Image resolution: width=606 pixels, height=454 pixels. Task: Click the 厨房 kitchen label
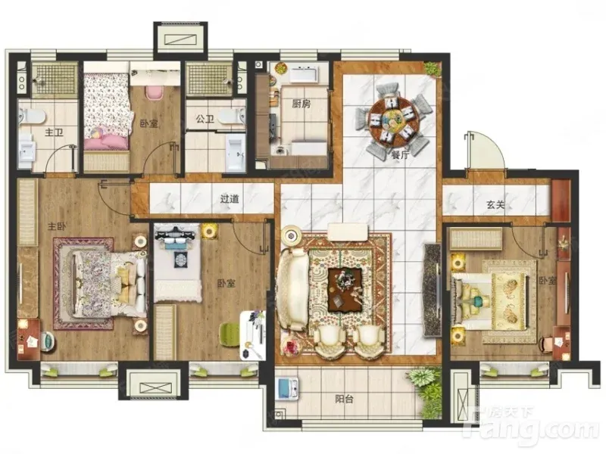301,104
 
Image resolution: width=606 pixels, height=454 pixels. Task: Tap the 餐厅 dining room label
400,155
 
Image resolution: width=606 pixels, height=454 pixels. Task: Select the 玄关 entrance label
495,204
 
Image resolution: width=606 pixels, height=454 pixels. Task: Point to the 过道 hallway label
230,199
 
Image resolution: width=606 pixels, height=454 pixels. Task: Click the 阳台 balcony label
344,399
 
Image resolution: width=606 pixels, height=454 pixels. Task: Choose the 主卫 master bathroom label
54,132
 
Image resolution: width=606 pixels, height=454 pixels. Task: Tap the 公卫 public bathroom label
205,119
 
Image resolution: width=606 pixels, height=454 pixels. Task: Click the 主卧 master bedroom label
57,226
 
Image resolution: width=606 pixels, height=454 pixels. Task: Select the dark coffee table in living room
345,290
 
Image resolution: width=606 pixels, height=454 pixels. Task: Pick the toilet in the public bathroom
232,116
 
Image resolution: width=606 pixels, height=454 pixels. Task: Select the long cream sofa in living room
292,289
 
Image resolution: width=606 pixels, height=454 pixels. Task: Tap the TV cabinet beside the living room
433,290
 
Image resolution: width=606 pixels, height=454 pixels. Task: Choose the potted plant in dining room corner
432,70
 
